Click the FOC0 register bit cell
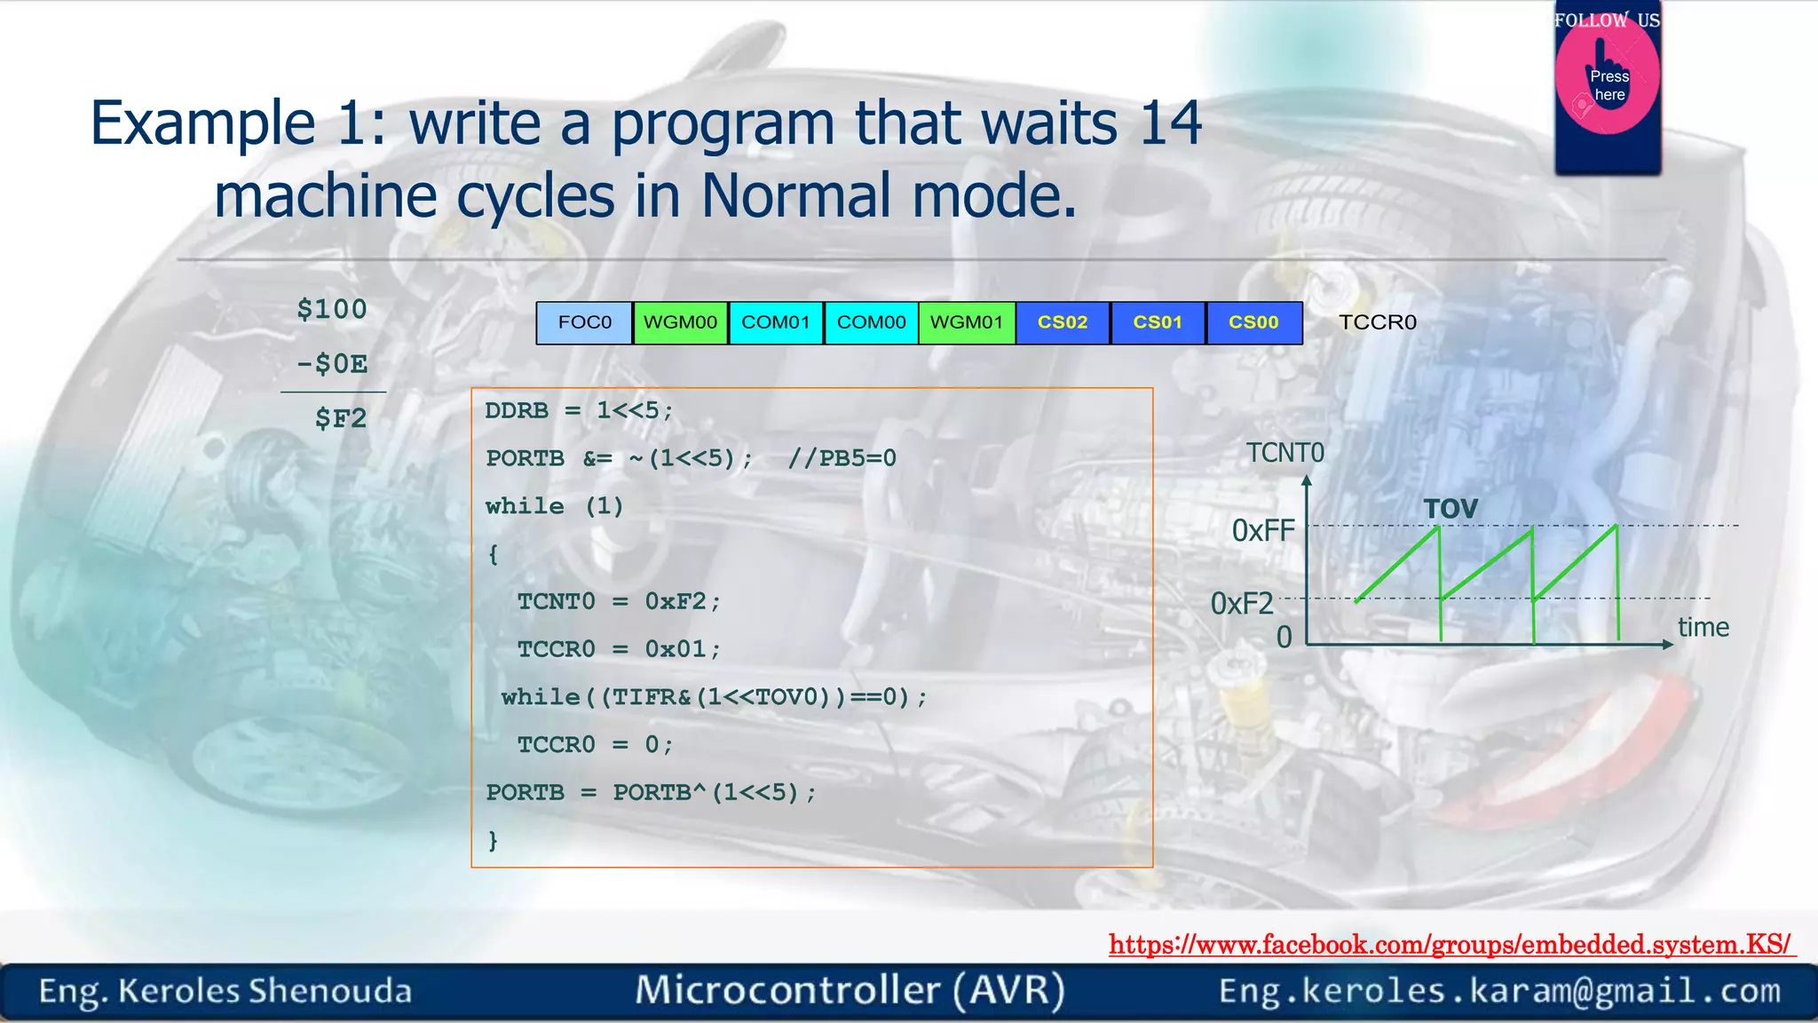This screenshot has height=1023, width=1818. [584, 322]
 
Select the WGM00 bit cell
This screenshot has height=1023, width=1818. [680, 322]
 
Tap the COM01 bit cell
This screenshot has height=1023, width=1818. [776, 322]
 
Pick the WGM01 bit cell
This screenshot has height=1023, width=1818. [967, 322]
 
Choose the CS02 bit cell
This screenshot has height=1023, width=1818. [1063, 322]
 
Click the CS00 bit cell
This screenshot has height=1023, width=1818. [1253, 322]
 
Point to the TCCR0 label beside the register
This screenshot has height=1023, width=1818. [1377, 322]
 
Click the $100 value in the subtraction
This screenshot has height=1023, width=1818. [332, 309]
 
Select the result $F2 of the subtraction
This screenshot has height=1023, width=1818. [341, 418]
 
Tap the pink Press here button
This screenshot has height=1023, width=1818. [1608, 84]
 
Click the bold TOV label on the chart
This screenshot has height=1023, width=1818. [1450, 509]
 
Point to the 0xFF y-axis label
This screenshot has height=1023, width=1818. [1263, 531]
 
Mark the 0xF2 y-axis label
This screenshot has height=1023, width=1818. [1242, 604]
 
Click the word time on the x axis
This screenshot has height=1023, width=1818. [1703, 627]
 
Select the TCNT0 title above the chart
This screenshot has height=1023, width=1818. [1284, 453]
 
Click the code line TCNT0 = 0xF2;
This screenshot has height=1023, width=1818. [619, 601]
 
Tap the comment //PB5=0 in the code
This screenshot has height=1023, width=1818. [842, 458]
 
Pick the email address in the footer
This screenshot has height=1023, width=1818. [1499, 990]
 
